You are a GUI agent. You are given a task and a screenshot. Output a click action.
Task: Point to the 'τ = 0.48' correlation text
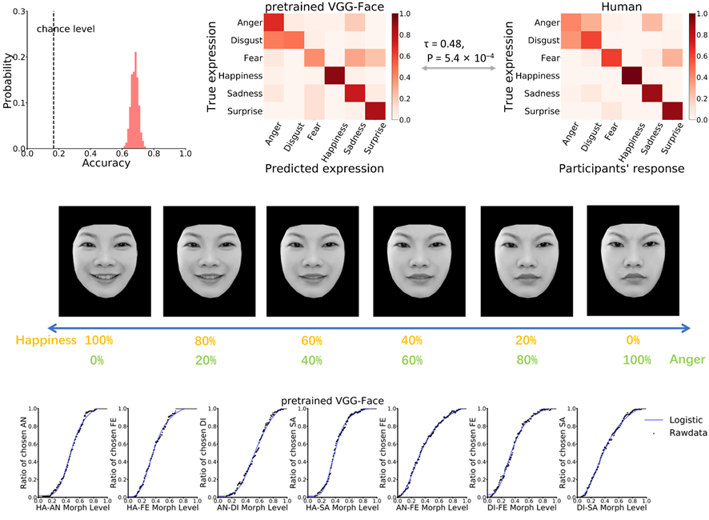pyautogui.click(x=450, y=42)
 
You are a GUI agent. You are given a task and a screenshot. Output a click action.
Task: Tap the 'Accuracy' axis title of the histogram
pyautogui.click(x=106, y=162)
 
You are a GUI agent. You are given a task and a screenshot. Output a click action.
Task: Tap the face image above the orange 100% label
pyautogui.click(x=104, y=250)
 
